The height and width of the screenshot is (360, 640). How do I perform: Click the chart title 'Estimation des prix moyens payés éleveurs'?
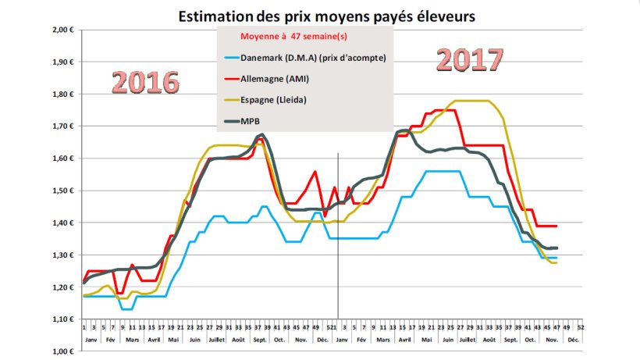click(325, 16)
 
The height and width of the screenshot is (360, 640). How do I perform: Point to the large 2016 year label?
click(146, 84)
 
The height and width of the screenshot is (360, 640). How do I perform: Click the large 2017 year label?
click(469, 60)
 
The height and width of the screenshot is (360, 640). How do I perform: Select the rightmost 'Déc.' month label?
click(574, 340)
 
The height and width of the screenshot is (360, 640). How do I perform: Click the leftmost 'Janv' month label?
click(91, 340)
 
